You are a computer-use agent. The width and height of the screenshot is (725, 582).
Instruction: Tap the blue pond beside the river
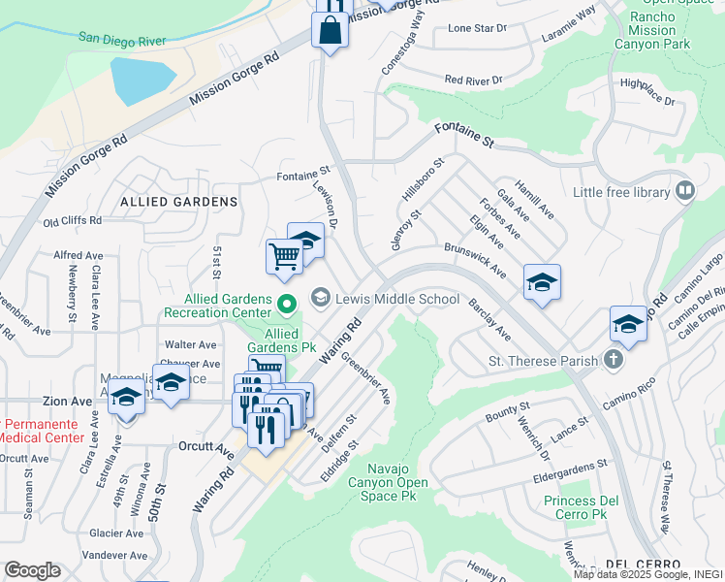point(142,81)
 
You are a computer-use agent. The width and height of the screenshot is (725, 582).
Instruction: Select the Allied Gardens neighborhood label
point(178,201)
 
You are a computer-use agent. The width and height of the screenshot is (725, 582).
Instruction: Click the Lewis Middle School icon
point(321,296)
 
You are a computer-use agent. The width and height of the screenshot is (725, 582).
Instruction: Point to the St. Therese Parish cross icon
point(612,361)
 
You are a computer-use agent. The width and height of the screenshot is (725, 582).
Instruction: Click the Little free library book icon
point(685,191)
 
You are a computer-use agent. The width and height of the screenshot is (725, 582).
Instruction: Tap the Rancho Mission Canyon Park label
point(666,30)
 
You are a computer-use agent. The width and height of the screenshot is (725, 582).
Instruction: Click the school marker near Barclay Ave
point(542,282)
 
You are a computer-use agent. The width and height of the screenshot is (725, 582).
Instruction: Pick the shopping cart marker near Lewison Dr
point(284,257)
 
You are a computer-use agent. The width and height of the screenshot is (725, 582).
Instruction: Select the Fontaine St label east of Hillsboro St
point(464,135)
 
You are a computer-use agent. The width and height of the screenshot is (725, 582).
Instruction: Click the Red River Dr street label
point(474,80)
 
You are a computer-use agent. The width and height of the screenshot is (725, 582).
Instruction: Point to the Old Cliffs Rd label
point(73,221)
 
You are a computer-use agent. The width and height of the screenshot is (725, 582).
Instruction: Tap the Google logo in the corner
point(32,569)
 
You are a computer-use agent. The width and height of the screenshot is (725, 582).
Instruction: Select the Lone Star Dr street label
point(477,28)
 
